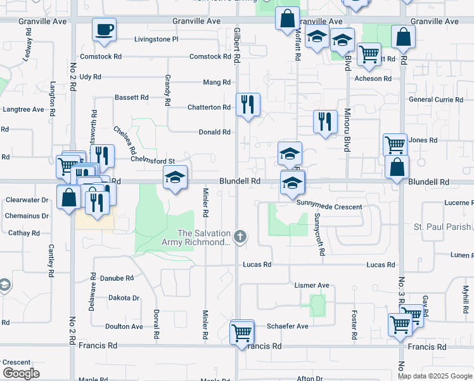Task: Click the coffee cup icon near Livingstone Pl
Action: [104, 29]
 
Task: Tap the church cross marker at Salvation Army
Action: [240, 237]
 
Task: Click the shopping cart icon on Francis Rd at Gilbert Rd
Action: [241, 331]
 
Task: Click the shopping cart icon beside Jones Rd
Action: [395, 144]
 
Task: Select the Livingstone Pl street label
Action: [157, 39]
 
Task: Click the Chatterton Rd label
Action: [208, 108]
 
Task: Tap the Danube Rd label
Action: [117, 278]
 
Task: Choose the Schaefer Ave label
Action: [287, 326]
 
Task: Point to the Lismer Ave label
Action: [312, 286]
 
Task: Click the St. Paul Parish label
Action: [442, 227]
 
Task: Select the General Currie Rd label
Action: [436, 100]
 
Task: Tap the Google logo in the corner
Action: [21, 373]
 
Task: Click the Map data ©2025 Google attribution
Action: [435, 376]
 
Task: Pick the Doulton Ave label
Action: [124, 326]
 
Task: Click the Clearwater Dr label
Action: [27, 200]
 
